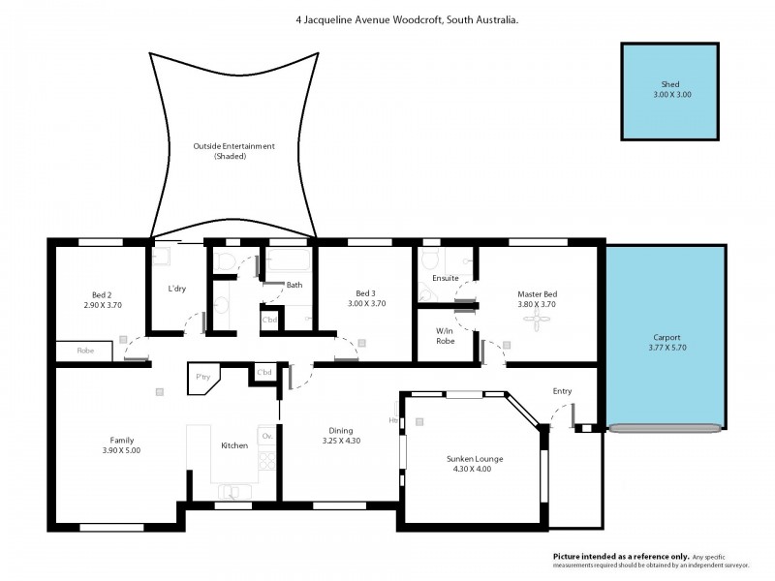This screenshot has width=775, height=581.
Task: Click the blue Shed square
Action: [670, 90]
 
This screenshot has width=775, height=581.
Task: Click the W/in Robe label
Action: [446, 335]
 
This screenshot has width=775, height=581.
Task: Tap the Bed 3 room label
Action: [365, 293]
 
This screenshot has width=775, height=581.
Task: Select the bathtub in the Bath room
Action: [289, 262]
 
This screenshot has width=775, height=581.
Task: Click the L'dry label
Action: [176, 290]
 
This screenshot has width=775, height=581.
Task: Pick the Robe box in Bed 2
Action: [86, 350]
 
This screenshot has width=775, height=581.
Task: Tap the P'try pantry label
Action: [203, 377]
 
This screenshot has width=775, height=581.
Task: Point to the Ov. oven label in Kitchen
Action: [266, 436]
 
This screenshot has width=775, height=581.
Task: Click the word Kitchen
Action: [234, 445]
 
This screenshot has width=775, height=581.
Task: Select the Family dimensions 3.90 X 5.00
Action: [122, 450]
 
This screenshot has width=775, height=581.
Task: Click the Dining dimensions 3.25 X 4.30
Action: [340, 442]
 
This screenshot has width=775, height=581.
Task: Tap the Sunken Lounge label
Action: [475, 458]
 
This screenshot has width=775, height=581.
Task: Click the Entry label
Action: [562, 391]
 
